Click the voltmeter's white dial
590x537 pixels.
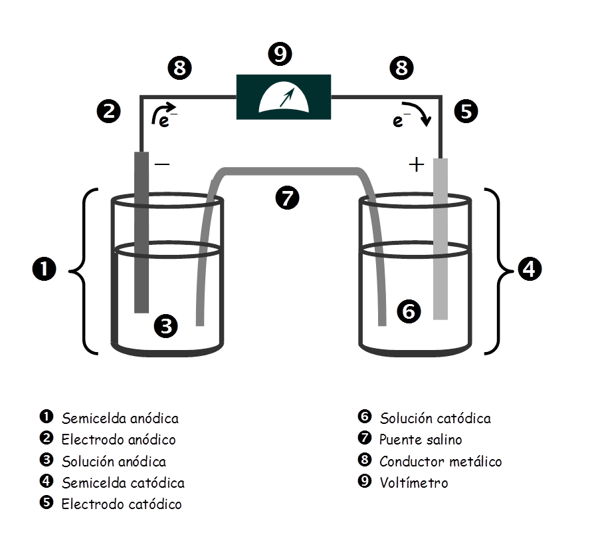coord(283,98)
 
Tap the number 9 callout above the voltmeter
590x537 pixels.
coord(280,54)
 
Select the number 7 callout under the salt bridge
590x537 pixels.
coord(287,198)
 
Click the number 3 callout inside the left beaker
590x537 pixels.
coord(166,326)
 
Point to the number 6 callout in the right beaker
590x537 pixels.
coord(409,311)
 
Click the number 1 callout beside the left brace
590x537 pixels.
coord(45,269)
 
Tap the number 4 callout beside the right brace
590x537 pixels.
coord(530,269)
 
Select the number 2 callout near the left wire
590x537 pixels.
coord(109,112)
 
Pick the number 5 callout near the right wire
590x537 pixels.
coord(466,112)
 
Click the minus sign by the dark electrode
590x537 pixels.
coord(162,164)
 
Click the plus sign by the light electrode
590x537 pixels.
coord(416,164)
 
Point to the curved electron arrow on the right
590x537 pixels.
coord(418,110)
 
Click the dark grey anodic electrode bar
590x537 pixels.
coord(142,232)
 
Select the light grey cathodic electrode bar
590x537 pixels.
coord(441,239)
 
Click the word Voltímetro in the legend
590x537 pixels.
coord(414,482)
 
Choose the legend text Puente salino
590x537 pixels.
coord(421,440)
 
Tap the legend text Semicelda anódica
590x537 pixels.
coord(120,419)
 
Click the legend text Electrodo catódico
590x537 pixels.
coord(122,504)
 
